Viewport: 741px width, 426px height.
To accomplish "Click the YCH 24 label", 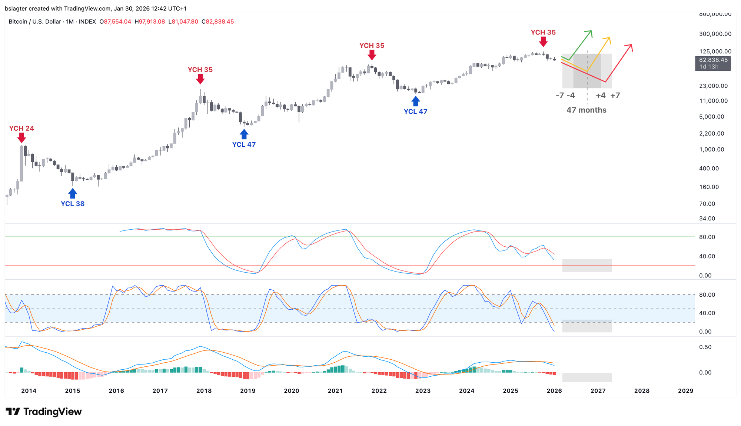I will click(x=21, y=129).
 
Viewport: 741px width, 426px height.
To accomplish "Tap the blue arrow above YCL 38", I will click(x=73, y=193).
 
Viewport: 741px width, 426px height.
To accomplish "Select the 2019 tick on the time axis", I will click(x=247, y=391).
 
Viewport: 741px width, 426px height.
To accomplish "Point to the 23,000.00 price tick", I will click(x=713, y=86).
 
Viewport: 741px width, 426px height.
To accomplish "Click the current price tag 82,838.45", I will click(x=713, y=60).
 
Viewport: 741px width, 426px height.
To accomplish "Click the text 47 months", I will click(x=586, y=110).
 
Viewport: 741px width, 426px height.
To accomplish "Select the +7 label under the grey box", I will click(x=615, y=96).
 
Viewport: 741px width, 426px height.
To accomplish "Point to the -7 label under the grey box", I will click(x=560, y=96).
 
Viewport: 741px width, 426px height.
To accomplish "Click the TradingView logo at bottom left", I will click(x=44, y=412).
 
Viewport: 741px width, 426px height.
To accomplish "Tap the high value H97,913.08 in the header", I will click(x=150, y=22).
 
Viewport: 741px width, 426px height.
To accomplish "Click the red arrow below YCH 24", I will click(x=21, y=138).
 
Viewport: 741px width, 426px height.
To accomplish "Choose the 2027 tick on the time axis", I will click(x=598, y=391).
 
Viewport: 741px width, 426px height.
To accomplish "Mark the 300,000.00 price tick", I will click(x=715, y=34).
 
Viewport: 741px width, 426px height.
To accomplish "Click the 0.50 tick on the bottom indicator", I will click(x=705, y=347).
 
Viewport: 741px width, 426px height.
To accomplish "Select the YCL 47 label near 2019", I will click(x=244, y=144).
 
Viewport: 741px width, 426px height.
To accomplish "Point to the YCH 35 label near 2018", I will click(x=200, y=70).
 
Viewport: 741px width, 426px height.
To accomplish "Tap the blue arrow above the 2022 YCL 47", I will click(x=416, y=101).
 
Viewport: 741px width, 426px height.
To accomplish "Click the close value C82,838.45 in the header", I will click(x=217, y=22).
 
